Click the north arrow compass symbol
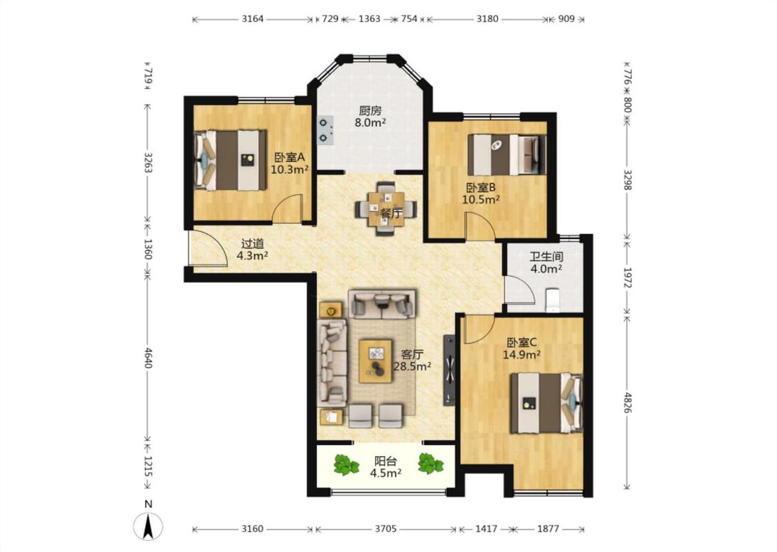(148, 525)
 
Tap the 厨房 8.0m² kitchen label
(370, 117)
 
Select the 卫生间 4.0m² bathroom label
(546, 263)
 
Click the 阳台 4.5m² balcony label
(385, 467)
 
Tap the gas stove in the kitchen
(325, 130)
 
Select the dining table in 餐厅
(386, 208)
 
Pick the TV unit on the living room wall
(449, 370)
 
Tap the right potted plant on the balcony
(430, 464)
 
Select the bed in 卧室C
(546, 403)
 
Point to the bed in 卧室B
(506, 155)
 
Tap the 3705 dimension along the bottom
(385, 529)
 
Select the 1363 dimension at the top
(370, 19)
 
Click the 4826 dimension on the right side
(627, 402)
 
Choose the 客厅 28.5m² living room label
(412, 360)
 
